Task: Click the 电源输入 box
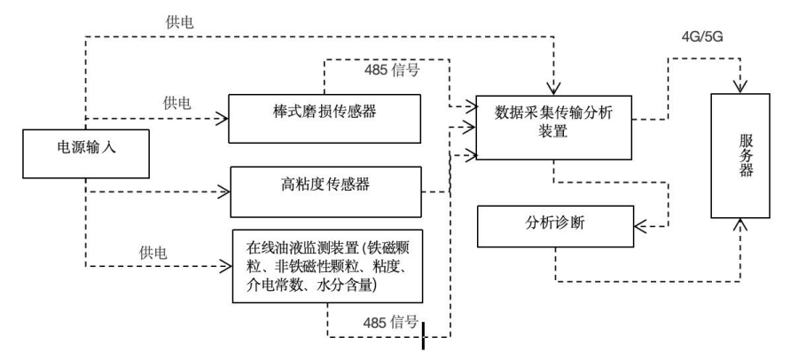pyautogui.click(x=82, y=148)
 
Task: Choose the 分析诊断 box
pyautogui.click(x=555, y=225)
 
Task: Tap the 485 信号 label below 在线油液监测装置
pyautogui.click(x=387, y=322)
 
